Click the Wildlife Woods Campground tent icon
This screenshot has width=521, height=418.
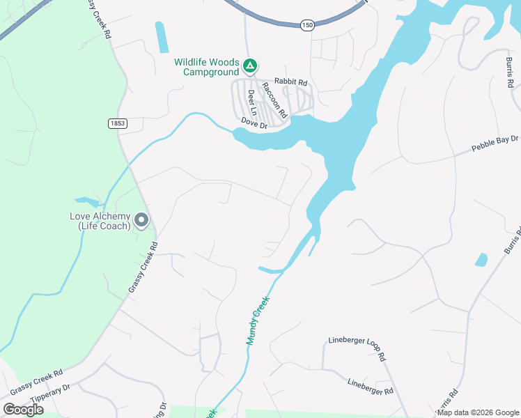[x=250, y=66]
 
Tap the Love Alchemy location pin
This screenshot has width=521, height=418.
[x=141, y=221]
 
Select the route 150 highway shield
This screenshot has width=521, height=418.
[x=307, y=25]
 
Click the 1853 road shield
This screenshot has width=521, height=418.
[x=117, y=123]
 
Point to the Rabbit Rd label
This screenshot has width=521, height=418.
[x=290, y=81]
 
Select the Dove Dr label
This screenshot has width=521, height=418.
[x=254, y=123]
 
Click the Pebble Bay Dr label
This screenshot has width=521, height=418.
[x=495, y=144]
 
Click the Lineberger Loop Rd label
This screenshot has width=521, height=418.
[x=357, y=348]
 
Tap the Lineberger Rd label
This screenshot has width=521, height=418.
[x=371, y=387]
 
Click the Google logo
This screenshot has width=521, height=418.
[x=23, y=410]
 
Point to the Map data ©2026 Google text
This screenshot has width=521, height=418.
[x=477, y=412]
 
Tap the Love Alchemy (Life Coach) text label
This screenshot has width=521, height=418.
[x=100, y=221]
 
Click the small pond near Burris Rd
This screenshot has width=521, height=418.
[x=481, y=260]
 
